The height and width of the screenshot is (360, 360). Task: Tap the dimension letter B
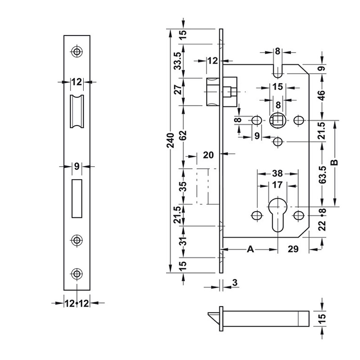click(334, 162)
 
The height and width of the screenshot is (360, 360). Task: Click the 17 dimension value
click(278, 184)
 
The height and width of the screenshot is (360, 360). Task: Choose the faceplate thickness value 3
click(235, 283)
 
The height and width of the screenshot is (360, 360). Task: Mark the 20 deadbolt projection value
click(208, 155)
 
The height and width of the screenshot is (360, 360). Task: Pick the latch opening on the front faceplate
click(77, 111)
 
